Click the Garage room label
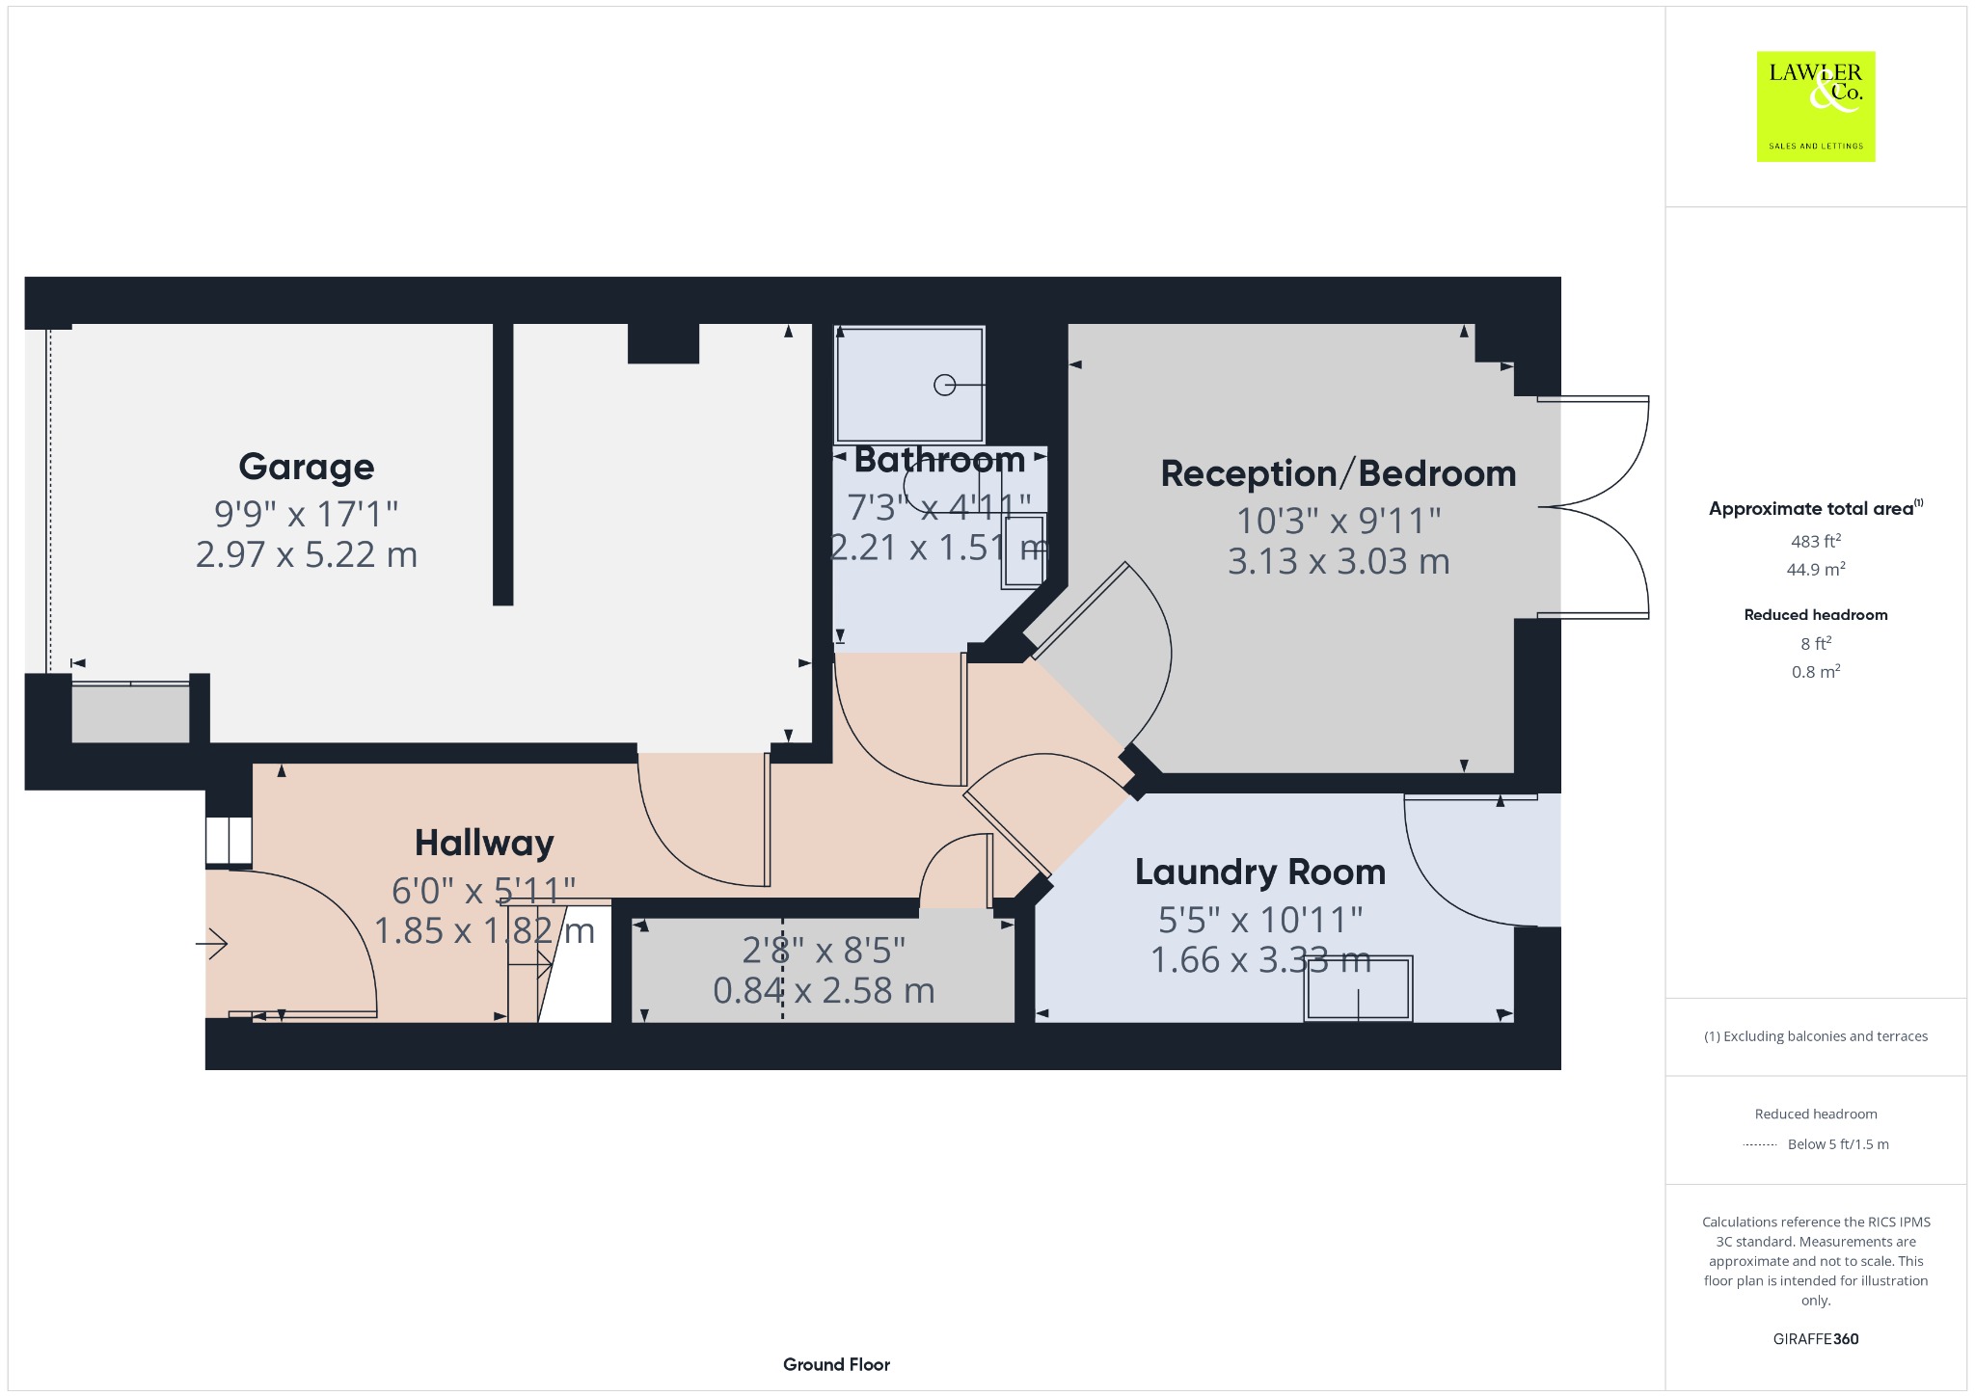307,467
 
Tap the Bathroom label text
939,460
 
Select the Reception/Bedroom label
1339,473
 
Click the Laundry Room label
1260,872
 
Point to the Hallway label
484,844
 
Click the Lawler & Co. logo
1816,106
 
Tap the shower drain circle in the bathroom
945,385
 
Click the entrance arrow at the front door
211,944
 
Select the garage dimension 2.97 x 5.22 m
307,555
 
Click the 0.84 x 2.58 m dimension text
824,991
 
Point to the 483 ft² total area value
1816,541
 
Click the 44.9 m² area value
1816,569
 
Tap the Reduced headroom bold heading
1816,615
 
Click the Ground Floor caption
836,1364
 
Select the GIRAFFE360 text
1816,1339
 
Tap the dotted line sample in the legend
1760,1144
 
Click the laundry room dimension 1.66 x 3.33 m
1260,960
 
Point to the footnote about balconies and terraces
1816,1036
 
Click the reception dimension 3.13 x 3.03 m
1339,562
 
